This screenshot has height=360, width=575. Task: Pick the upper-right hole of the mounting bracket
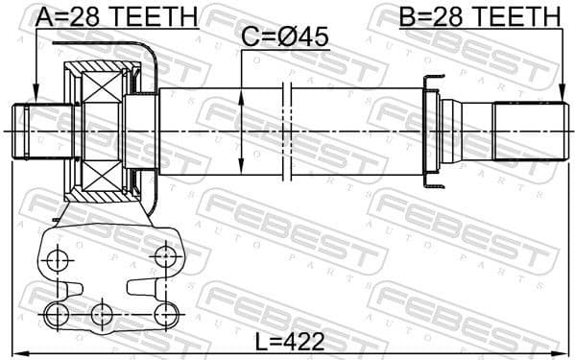point(167,255)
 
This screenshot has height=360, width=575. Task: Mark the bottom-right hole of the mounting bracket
point(167,313)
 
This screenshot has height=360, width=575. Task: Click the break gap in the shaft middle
point(287,132)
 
